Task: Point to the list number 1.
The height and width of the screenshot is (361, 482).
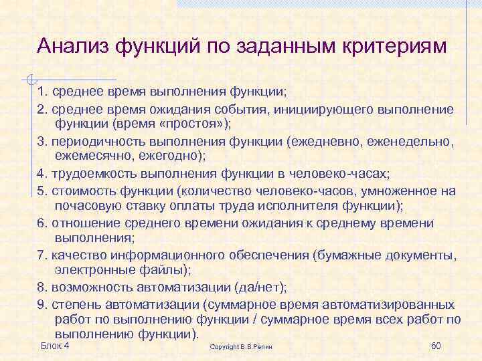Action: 41,92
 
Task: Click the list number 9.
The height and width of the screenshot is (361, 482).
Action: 41,304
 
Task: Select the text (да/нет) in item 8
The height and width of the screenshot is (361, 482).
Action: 260,287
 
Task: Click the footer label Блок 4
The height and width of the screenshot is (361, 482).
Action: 56,346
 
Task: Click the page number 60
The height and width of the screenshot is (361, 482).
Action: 435,346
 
